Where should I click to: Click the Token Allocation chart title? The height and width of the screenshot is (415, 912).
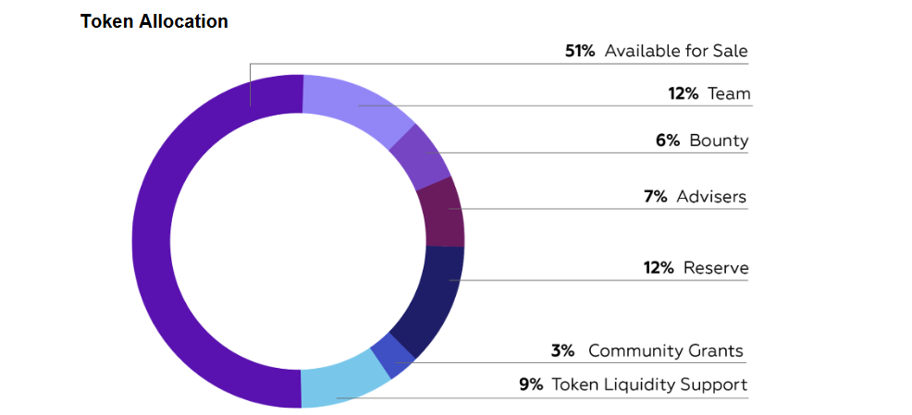(x=154, y=21)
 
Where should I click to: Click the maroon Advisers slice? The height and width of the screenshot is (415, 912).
(x=442, y=212)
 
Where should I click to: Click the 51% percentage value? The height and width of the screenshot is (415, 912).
(x=580, y=51)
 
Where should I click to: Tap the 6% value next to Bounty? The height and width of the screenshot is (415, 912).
(x=667, y=140)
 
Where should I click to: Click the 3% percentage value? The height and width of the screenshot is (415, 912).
(x=562, y=350)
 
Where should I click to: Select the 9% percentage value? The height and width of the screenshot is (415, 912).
(x=531, y=384)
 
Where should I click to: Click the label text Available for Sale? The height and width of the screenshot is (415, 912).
(x=676, y=51)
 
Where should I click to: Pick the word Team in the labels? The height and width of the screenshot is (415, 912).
(x=729, y=93)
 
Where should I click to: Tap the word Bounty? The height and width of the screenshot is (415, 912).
(x=719, y=140)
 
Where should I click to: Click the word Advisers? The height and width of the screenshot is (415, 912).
(x=710, y=196)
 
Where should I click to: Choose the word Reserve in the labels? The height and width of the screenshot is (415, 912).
(x=716, y=268)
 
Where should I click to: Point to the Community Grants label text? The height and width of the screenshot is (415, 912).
(x=665, y=350)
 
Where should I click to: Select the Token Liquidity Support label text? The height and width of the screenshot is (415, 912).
(x=649, y=384)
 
